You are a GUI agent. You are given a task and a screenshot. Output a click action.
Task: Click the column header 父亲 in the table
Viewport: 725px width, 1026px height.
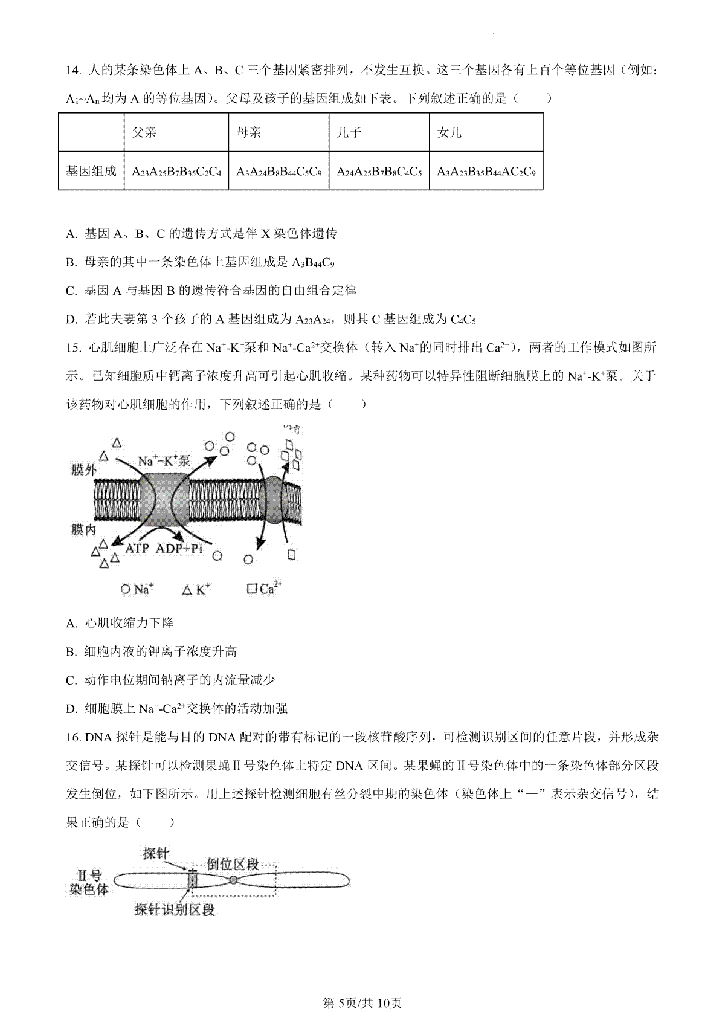tap(144, 132)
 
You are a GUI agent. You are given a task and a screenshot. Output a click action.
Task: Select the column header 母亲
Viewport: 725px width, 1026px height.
tap(249, 132)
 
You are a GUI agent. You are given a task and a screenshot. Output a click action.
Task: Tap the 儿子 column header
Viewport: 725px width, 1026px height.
tap(349, 132)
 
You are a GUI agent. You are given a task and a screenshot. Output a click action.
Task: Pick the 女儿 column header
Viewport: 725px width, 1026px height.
tap(449, 132)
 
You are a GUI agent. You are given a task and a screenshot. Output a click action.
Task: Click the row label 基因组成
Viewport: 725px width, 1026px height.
tap(91, 171)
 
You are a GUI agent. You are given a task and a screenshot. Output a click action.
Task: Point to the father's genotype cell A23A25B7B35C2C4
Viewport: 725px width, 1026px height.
tap(176, 172)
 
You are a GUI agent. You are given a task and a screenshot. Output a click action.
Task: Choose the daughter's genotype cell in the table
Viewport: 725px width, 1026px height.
tap(486, 172)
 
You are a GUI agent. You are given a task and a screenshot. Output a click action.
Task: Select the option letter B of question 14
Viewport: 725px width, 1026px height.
tap(70, 262)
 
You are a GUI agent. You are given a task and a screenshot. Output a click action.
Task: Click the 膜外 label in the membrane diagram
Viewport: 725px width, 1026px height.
tap(83, 469)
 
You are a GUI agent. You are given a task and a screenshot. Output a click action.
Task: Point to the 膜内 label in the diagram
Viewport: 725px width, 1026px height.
tap(83, 530)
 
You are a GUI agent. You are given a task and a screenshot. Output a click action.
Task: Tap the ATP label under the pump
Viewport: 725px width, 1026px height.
tap(137, 549)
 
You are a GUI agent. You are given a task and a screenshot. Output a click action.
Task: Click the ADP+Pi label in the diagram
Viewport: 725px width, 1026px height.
tap(179, 549)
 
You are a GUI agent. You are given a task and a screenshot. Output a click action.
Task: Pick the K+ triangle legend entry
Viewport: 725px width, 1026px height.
tap(196, 589)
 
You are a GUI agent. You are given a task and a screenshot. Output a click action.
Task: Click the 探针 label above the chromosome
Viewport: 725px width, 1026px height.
tap(156, 853)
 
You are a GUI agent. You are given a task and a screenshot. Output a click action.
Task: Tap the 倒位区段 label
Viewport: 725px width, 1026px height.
tap(233, 863)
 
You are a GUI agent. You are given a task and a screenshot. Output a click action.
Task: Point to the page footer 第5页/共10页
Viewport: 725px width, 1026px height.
tap(362, 1004)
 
